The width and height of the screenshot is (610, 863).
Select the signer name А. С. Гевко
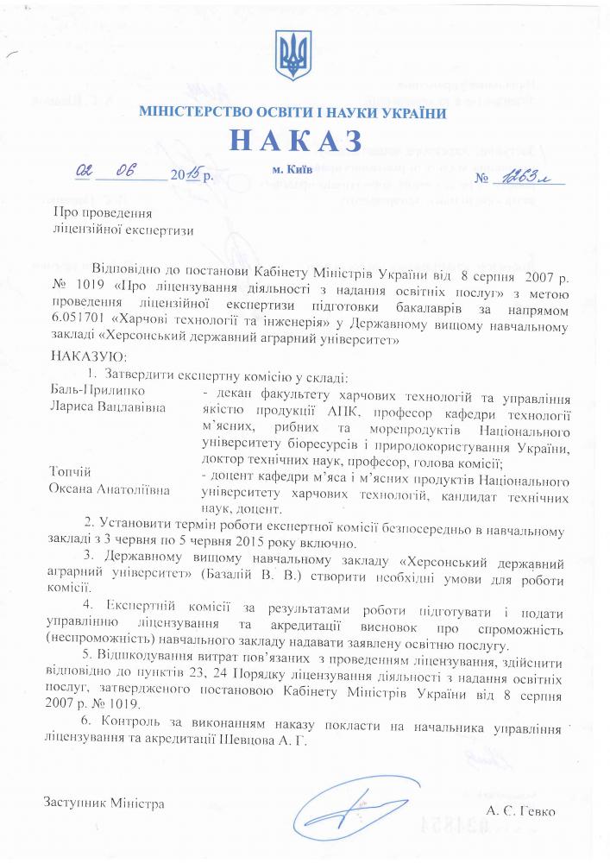[x=521, y=811]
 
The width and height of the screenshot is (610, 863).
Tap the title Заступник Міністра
[x=104, y=803]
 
